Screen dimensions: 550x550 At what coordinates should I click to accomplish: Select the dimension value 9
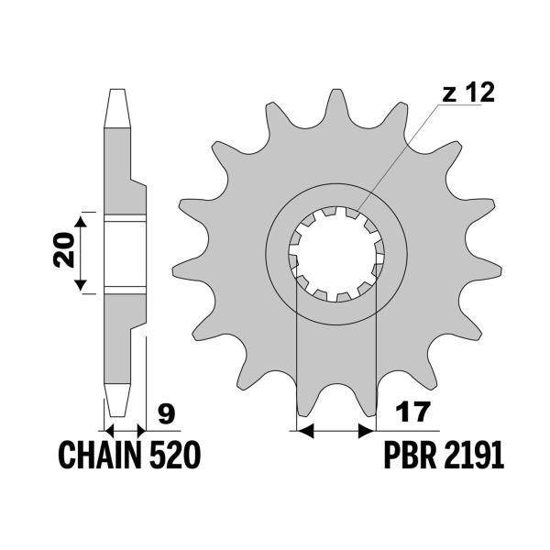166,415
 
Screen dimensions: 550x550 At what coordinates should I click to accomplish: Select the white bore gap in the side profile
125,256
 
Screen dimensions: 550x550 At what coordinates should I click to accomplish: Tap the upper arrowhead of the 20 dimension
84,223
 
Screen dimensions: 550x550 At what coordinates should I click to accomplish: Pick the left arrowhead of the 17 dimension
302,428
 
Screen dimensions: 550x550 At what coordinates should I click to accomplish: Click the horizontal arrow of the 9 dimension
126,428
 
